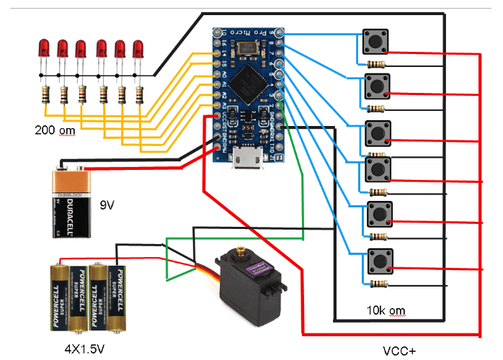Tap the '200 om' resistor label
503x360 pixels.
[54, 130]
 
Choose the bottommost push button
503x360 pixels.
[379, 260]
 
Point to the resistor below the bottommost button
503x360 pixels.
[376, 284]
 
